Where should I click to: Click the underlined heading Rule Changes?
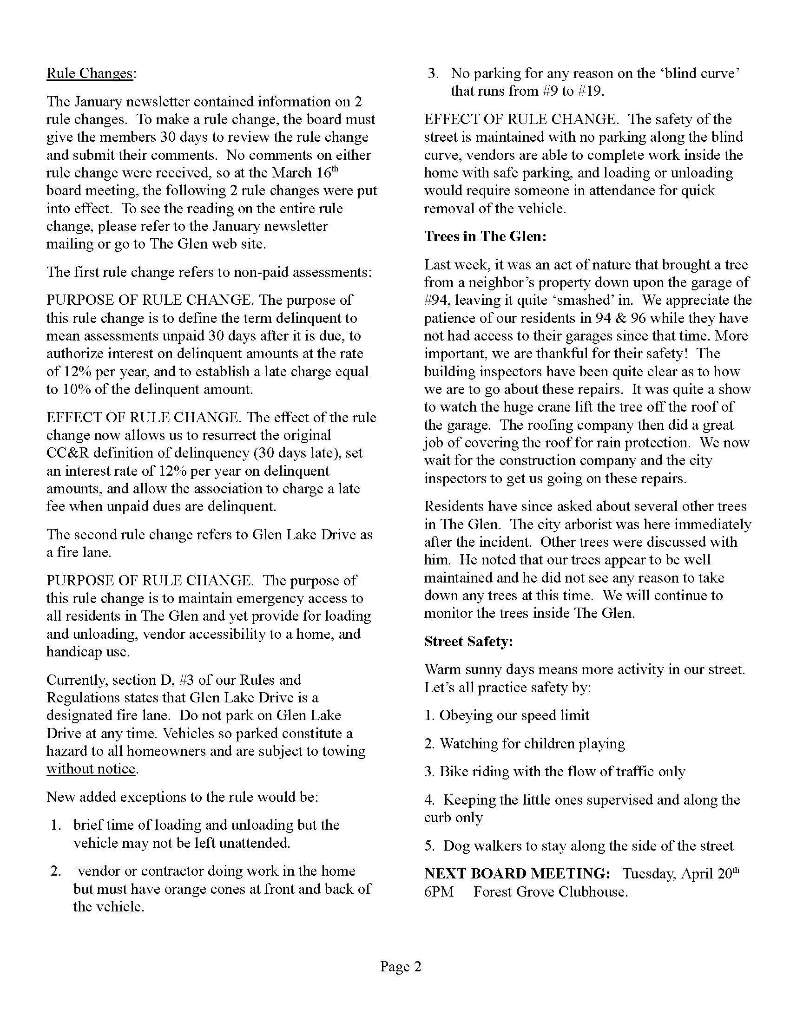click(90, 73)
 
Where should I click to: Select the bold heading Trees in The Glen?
click(485, 236)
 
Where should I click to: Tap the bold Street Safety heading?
click(468, 641)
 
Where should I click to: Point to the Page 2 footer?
click(401, 966)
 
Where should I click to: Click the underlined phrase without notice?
click(91, 769)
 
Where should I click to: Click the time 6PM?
click(439, 891)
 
